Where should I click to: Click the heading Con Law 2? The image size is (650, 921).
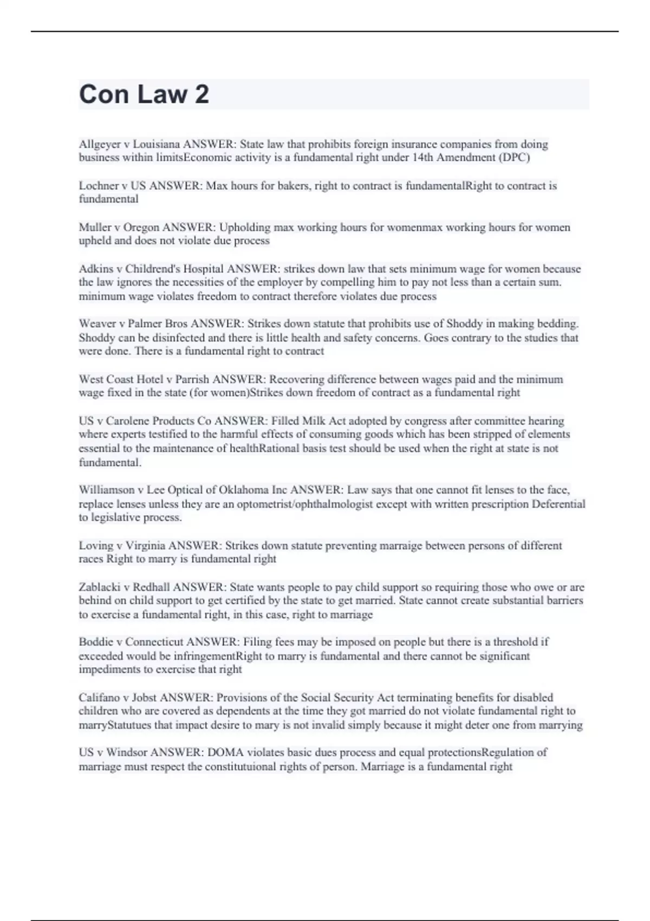click(144, 94)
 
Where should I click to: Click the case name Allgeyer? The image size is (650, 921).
click(99, 145)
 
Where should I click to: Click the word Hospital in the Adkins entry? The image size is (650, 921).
click(203, 269)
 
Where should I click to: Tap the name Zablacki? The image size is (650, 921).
click(99, 587)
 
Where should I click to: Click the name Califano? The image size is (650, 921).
click(99, 698)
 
